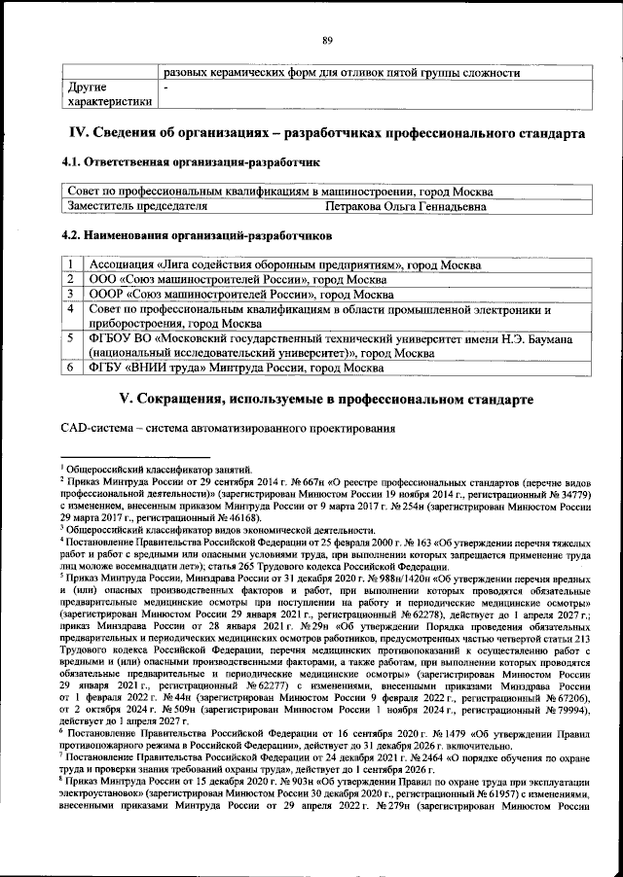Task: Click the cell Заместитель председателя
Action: point(137,206)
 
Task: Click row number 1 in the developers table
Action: point(72,264)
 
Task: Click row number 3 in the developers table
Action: point(72,294)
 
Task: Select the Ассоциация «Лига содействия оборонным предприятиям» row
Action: point(283,264)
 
